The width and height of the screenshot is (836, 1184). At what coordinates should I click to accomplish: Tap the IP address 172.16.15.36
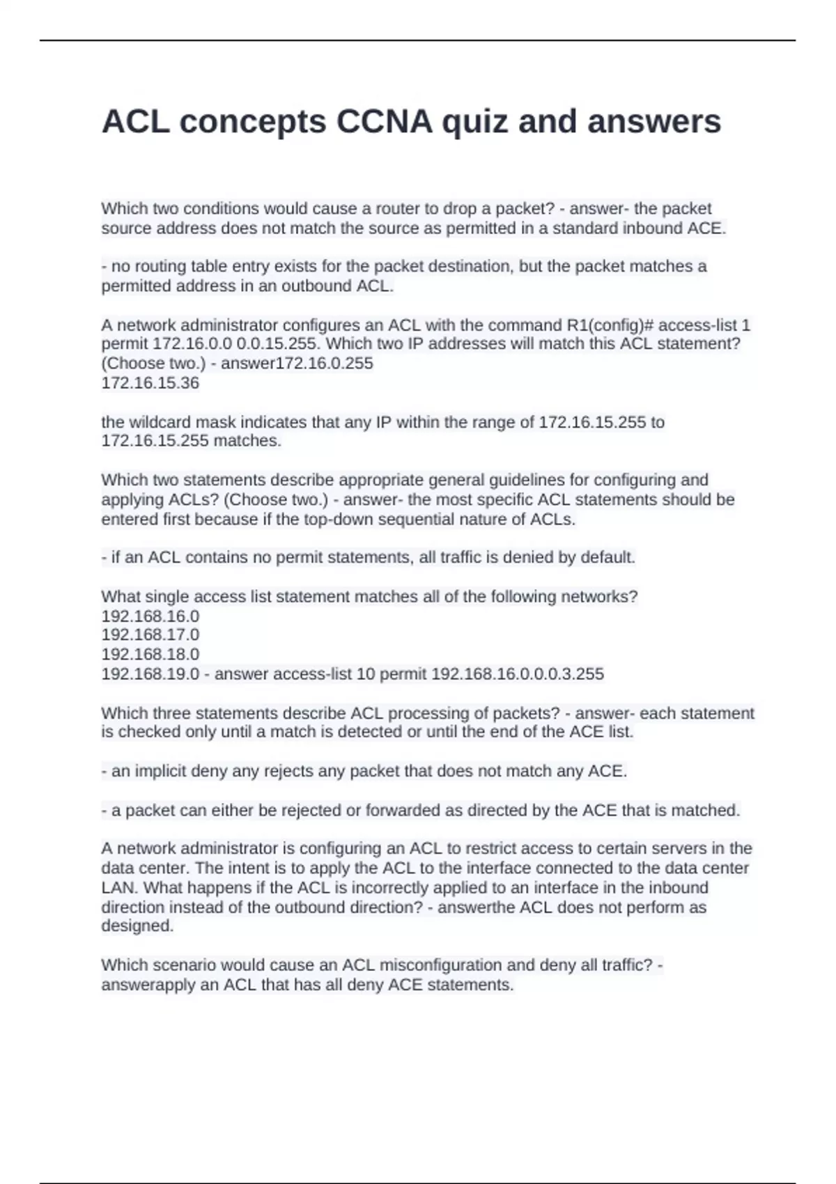[150, 383]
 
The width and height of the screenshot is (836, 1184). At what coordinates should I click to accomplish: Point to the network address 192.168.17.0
[150, 635]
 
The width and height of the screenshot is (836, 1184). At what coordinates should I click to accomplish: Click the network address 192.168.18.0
[150, 655]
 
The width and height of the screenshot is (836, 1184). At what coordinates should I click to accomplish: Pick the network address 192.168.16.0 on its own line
[150, 616]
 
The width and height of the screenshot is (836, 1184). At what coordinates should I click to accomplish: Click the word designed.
[137, 926]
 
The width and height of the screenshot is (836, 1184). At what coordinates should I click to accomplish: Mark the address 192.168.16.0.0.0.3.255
[518, 674]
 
